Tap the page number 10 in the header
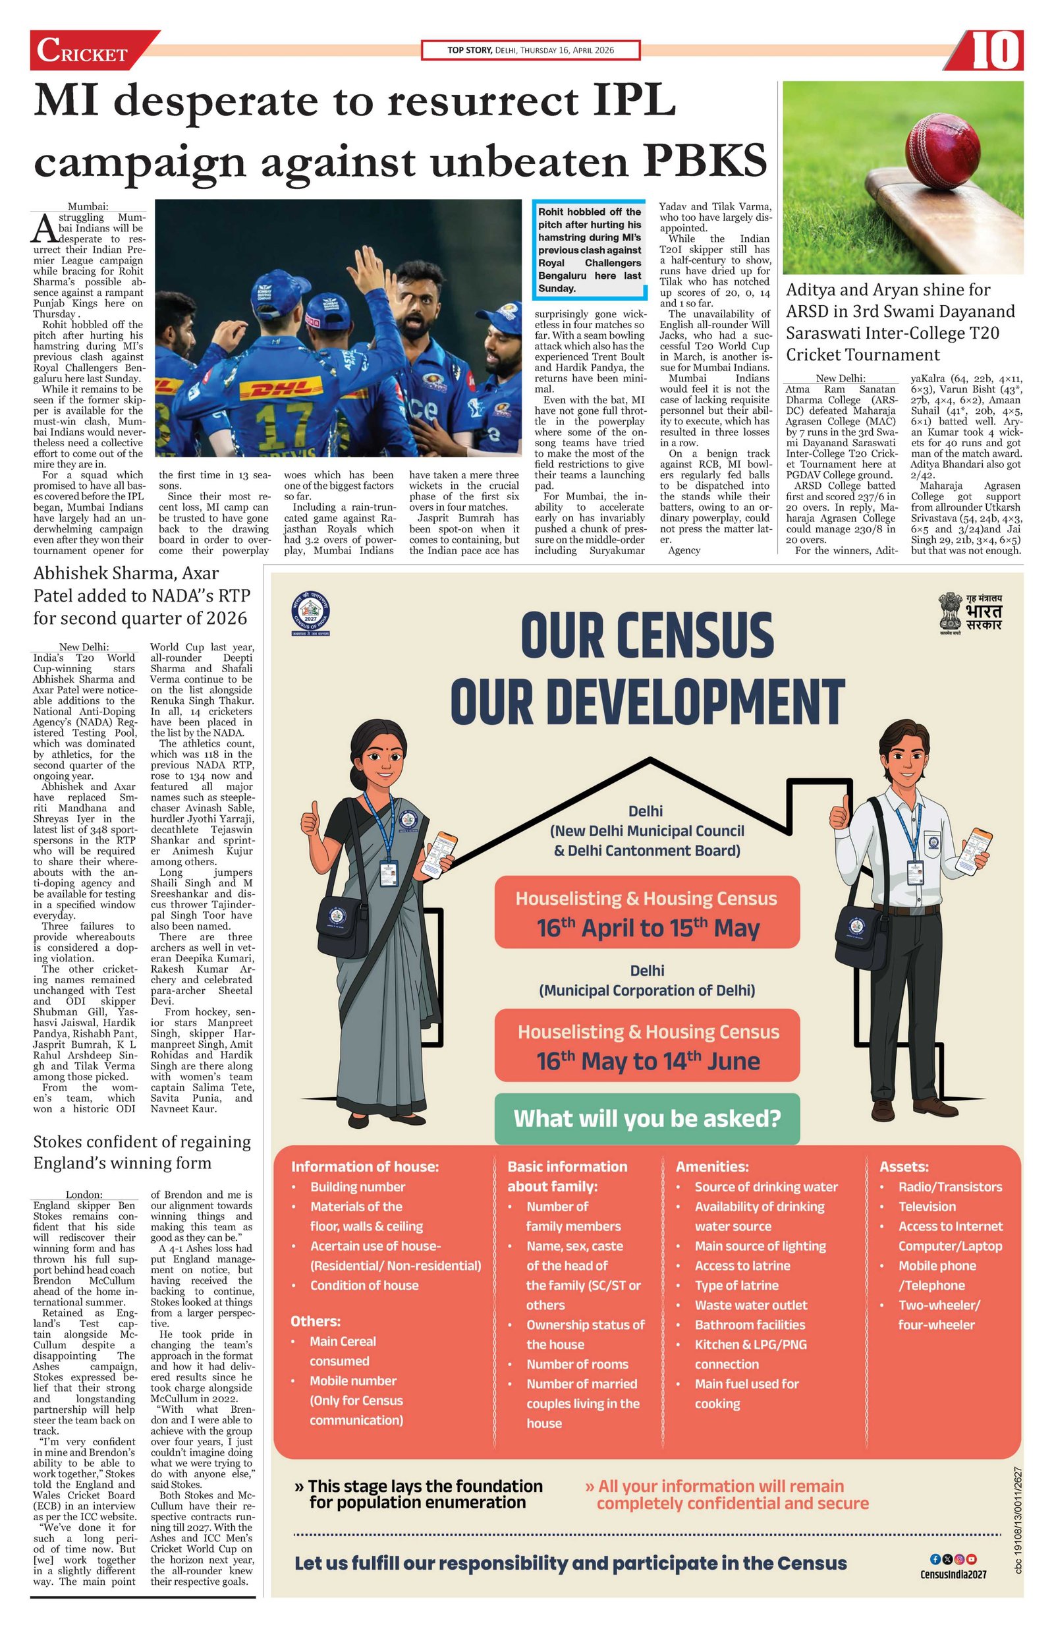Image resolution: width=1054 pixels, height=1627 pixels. pos(995,52)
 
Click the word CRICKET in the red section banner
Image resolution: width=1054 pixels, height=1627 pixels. pos(82,53)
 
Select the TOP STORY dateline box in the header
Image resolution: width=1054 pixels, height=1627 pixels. pos(530,51)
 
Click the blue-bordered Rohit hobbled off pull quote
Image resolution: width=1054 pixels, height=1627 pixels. pos(589,250)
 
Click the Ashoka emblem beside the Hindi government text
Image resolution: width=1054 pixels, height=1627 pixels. pos(949,610)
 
